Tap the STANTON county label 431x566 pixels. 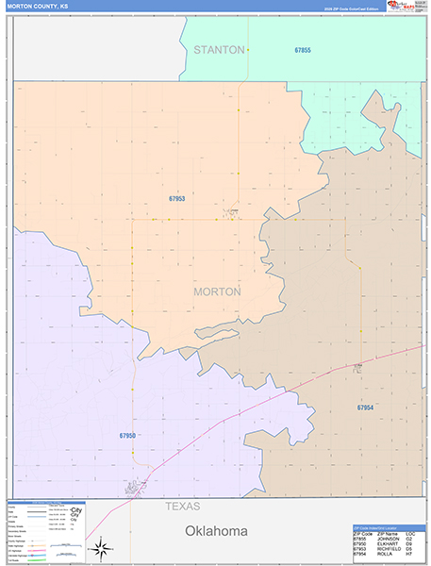click(x=219, y=49)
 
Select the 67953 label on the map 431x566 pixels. click(x=177, y=199)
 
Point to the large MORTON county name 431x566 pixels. click(x=217, y=291)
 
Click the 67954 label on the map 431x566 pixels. click(x=365, y=408)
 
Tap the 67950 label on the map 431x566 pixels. click(x=128, y=435)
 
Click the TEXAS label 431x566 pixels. click(x=183, y=507)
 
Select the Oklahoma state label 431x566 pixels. click(x=216, y=531)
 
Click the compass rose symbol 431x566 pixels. click(x=102, y=548)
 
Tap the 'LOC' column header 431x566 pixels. click(x=410, y=533)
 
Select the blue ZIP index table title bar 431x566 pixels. click(x=388, y=527)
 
